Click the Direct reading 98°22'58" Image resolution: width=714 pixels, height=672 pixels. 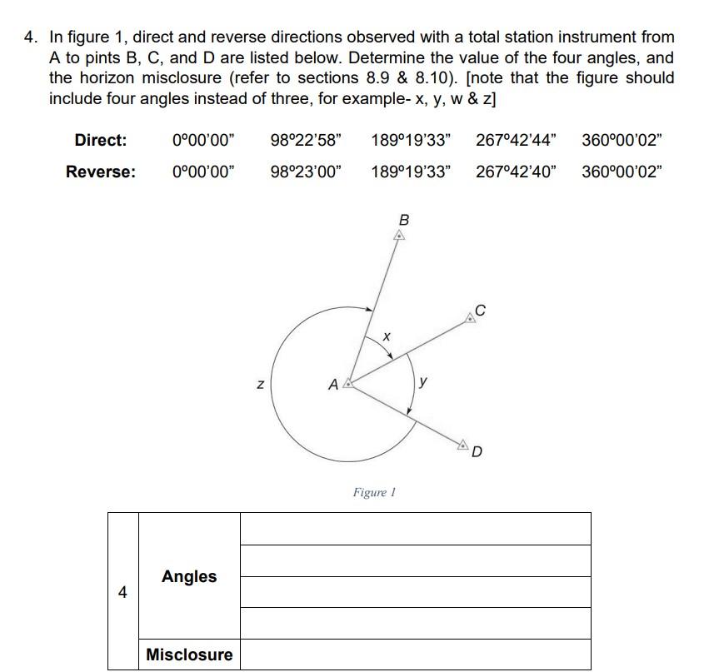point(305,140)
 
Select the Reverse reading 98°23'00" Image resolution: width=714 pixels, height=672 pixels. point(305,172)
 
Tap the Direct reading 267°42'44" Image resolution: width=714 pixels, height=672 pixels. point(517,140)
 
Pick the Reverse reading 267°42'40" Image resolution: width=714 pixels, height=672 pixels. point(517,172)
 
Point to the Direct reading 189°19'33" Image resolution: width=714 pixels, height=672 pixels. point(411,140)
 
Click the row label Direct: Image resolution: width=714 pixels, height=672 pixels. point(101,140)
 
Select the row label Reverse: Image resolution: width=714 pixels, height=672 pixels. point(101,172)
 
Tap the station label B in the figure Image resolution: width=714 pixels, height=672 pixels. point(404,220)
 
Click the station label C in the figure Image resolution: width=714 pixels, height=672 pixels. point(479,311)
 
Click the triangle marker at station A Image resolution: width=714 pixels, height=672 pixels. point(349,384)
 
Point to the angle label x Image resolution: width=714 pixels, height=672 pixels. point(386,336)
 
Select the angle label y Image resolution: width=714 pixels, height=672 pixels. point(424,382)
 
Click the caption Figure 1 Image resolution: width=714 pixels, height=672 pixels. point(373,492)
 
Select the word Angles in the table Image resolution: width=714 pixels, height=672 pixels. point(189,576)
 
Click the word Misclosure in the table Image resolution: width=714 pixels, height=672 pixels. point(189,655)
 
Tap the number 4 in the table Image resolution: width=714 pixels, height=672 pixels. point(122,592)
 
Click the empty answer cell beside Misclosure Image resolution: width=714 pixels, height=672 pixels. point(415,655)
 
